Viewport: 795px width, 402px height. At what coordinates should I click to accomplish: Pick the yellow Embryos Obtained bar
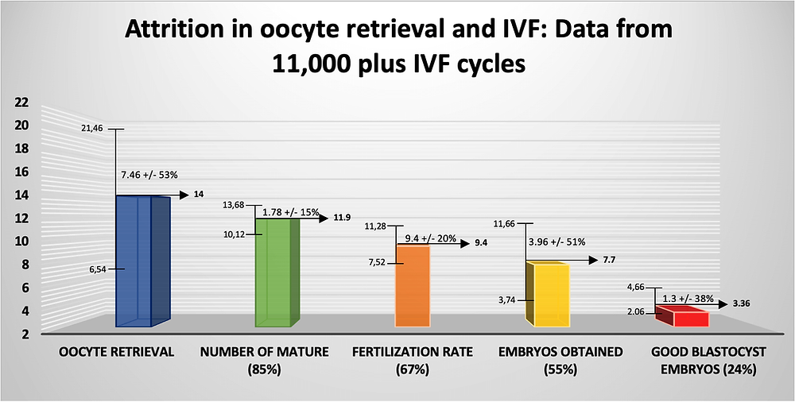click(x=551, y=295)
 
